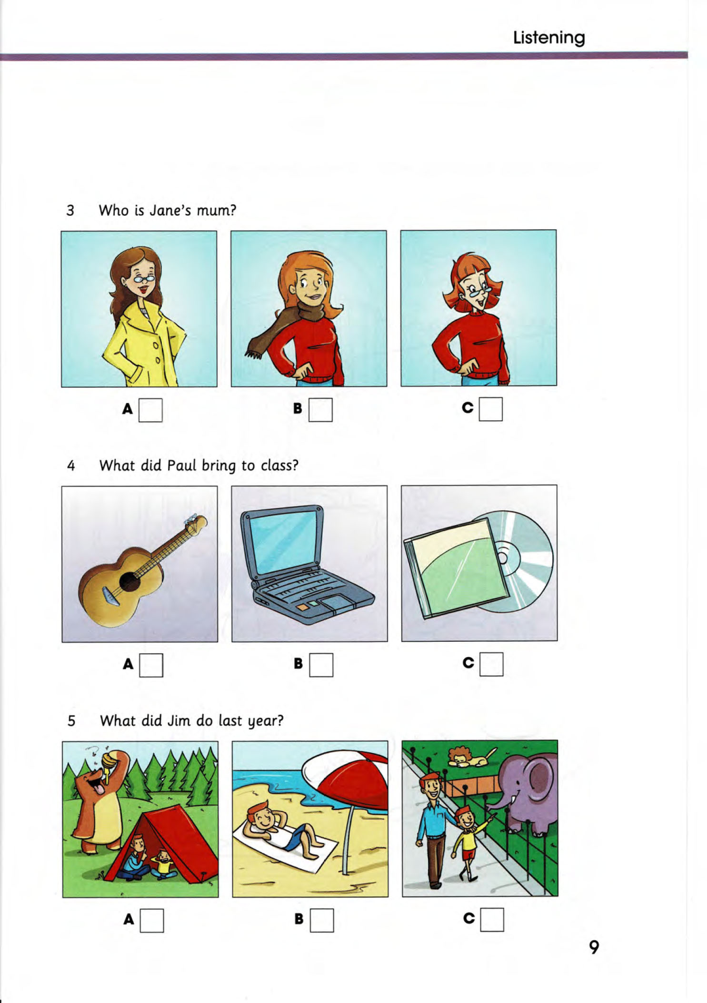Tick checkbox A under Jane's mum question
tap(150, 410)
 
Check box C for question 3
tap(491, 409)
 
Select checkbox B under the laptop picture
tap(321, 665)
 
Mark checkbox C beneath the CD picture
tap(491, 664)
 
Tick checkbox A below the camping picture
tap(152, 920)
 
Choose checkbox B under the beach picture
tap(322, 920)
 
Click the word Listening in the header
tap(549, 38)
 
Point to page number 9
tap(594, 947)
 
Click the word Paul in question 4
tap(181, 465)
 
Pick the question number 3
tap(70, 210)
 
